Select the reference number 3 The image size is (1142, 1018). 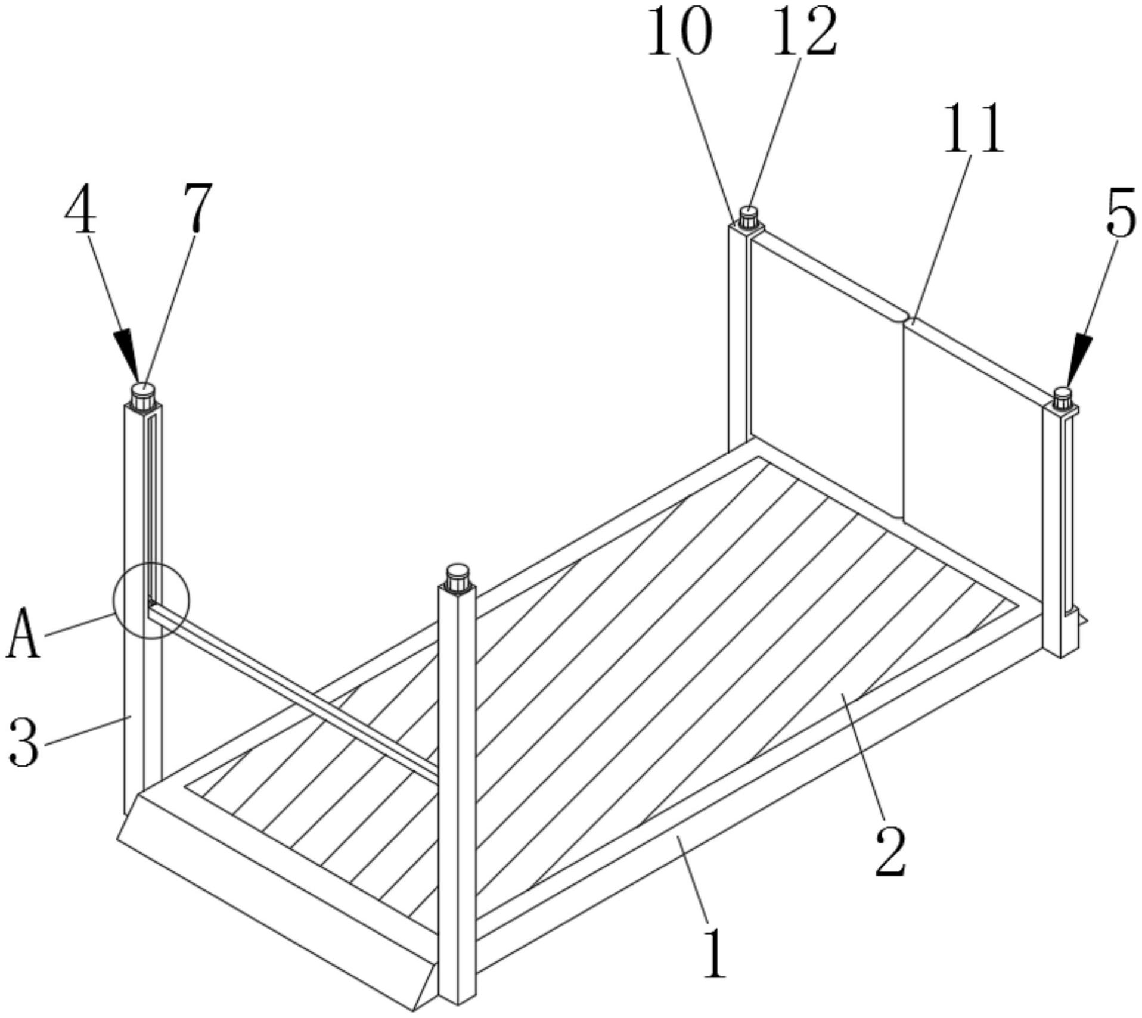coord(24,741)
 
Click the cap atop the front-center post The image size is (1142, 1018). coord(458,578)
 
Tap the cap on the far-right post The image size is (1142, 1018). coord(1063,399)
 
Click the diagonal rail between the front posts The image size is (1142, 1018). coord(293,690)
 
